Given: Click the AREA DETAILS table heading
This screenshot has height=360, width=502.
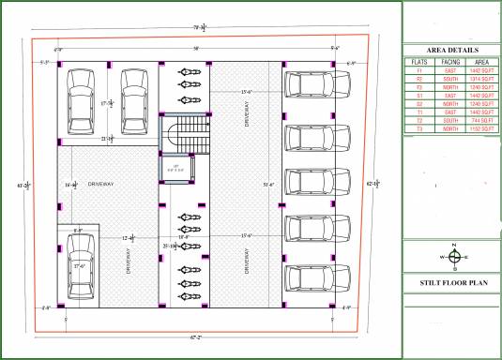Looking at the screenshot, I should point(451,50).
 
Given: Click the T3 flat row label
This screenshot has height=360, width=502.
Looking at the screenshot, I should point(419,129).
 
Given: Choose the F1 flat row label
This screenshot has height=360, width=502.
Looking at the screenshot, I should point(419,70).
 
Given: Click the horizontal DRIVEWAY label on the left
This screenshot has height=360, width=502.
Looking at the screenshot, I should point(100,185).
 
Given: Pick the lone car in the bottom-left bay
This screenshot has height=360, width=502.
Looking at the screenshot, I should point(81,266).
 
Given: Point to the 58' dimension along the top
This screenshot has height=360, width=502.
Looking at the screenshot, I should point(195,48).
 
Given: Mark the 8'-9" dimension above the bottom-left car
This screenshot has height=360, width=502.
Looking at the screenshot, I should point(81,230).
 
